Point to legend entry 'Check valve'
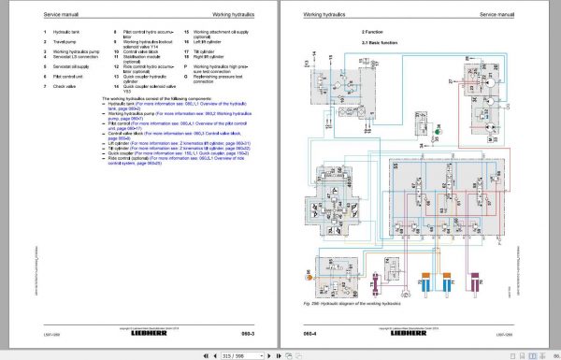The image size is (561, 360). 65,85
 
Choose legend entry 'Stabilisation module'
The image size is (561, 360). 137,56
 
